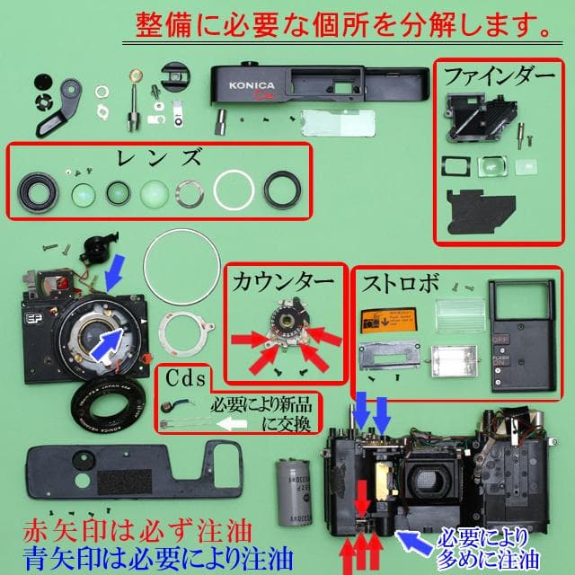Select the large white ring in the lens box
pos(236,190)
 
